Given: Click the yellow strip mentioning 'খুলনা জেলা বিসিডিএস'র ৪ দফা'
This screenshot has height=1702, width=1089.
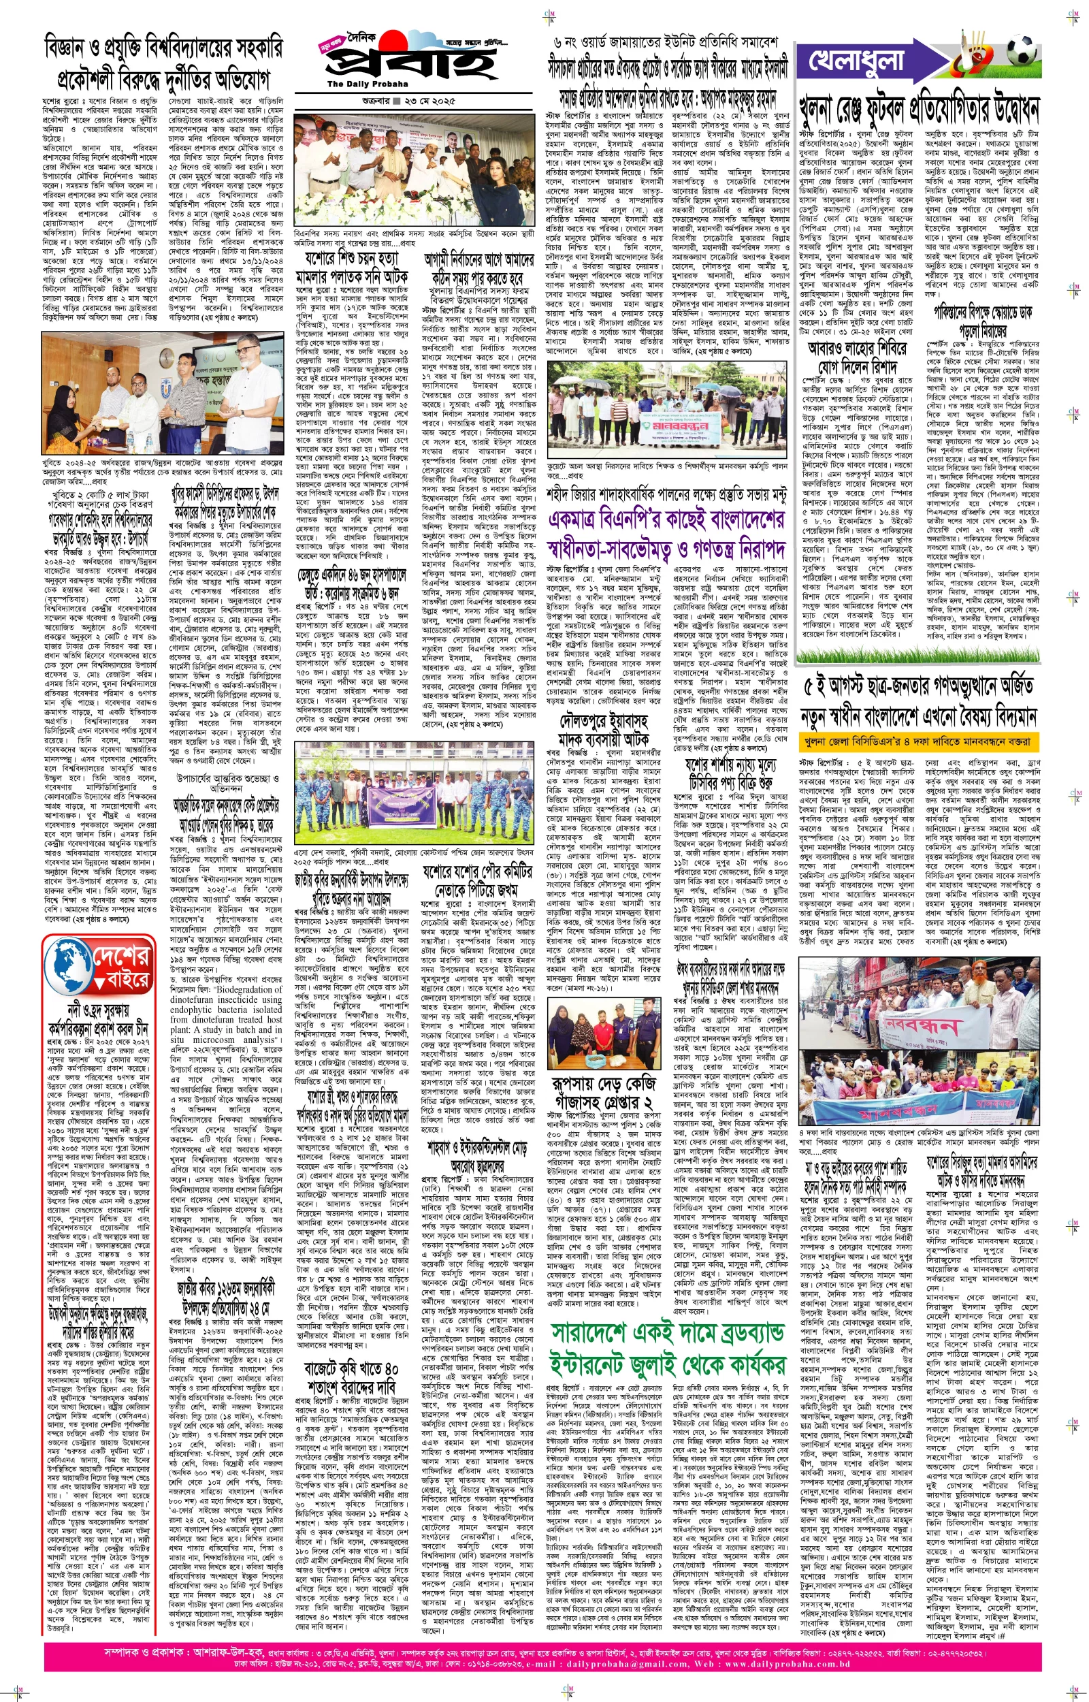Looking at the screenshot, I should (x=920, y=742).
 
